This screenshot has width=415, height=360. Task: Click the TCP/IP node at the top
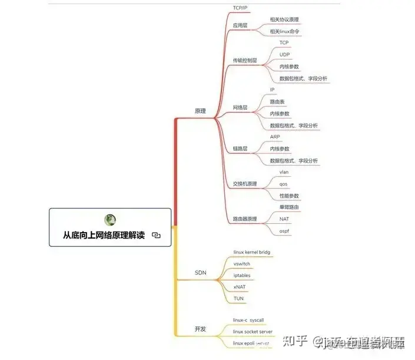pyautogui.click(x=240, y=8)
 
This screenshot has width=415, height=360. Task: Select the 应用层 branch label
pyautogui.click(x=240, y=25)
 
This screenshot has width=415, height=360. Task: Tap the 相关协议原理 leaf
pyautogui.click(x=284, y=19)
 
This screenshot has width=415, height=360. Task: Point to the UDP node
pyautogui.click(x=284, y=54)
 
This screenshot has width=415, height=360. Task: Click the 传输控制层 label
pyautogui.click(x=245, y=60)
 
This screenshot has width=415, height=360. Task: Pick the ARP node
pyautogui.click(x=275, y=137)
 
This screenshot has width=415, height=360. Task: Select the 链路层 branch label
pyautogui.click(x=240, y=148)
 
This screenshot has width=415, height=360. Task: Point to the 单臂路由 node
pyautogui.click(x=289, y=207)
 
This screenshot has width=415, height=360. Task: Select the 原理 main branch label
pyautogui.click(x=200, y=111)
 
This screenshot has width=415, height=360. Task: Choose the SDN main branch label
pyautogui.click(x=200, y=273)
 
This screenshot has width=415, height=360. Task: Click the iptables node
pyautogui.click(x=242, y=275)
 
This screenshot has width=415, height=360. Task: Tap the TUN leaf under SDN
pyautogui.click(x=238, y=299)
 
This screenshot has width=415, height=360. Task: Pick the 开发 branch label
pyautogui.click(x=200, y=329)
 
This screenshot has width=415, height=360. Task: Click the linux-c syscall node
pyautogui.click(x=248, y=320)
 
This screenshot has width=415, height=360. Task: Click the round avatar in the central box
pyautogui.click(x=110, y=220)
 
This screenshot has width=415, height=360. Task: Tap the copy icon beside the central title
pyautogui.click(x=156, y=235)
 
